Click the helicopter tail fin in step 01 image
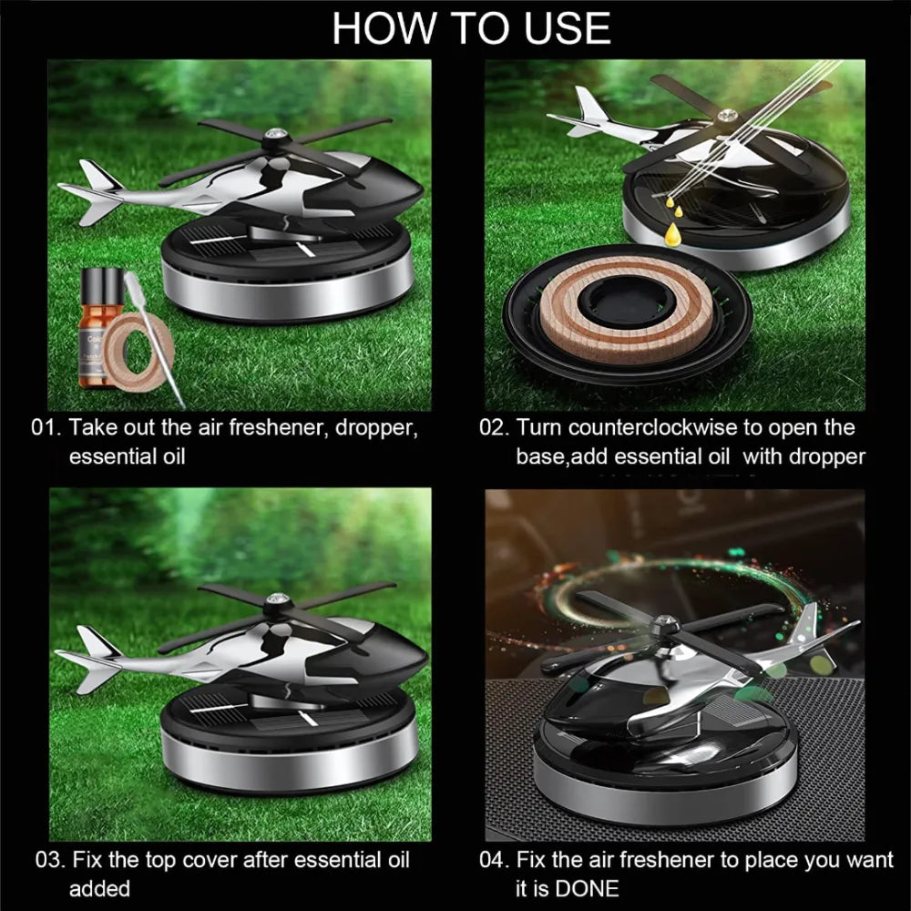pos(97,191)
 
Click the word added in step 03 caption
pos(99,888)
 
